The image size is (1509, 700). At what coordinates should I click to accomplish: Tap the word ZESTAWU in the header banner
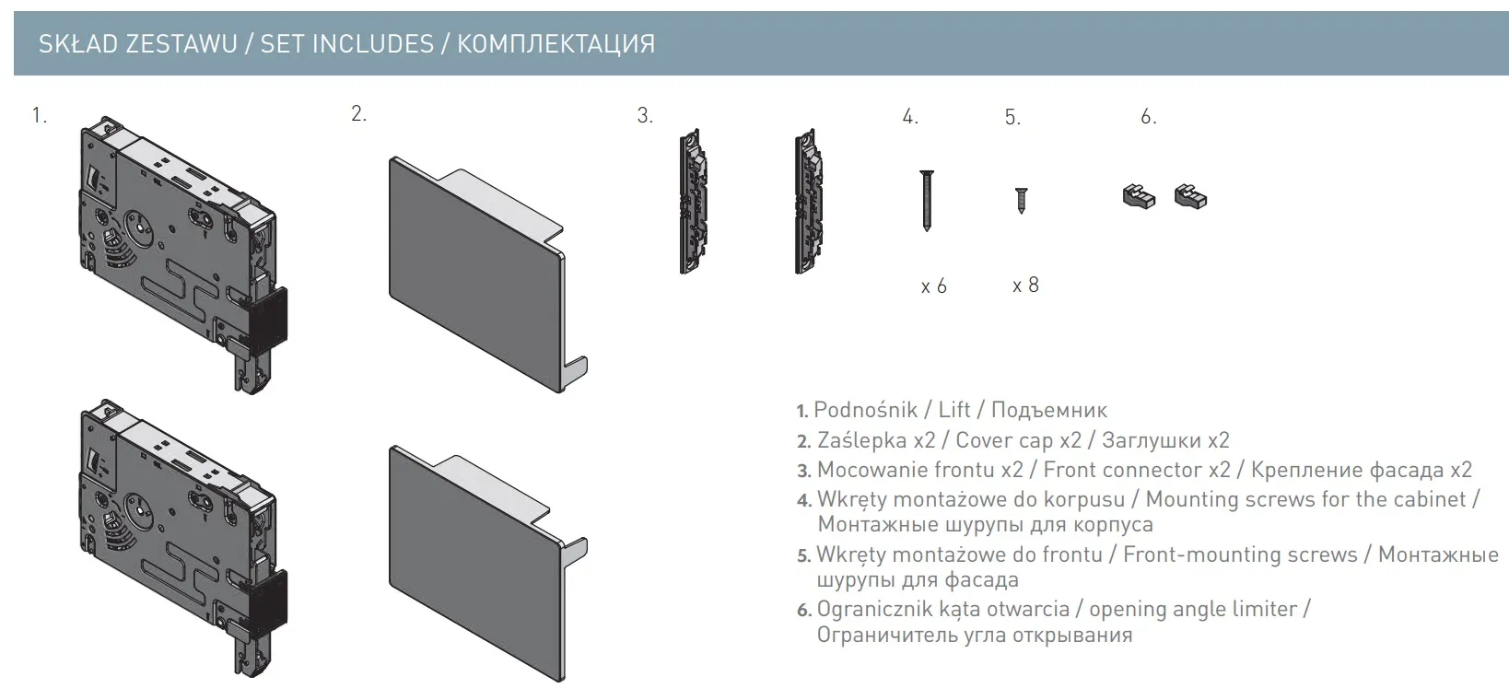click(x=181, y=44)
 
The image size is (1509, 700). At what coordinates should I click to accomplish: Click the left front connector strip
click(x=693, y=201)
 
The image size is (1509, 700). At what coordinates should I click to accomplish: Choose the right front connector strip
click(x=809, y=201)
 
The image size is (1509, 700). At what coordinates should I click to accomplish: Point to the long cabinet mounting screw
click(x=927, y=201)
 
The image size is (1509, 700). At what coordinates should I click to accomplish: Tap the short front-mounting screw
click(x=1022, y=201)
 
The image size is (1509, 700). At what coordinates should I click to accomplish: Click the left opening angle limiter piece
click(x=1139, y=197)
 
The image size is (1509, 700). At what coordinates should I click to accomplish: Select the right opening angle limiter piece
click(x=1190, y=196)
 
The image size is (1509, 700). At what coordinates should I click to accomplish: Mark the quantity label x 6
click(x=934, y=286)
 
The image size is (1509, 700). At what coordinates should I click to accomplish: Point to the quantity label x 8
click(x=1025, y=285)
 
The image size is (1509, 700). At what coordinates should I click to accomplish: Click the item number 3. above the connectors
click(x=645, y=115)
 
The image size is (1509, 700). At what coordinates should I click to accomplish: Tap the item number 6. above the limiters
click(x=1149, y=117)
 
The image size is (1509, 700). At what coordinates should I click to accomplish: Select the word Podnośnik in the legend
click(x=865, y=410)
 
